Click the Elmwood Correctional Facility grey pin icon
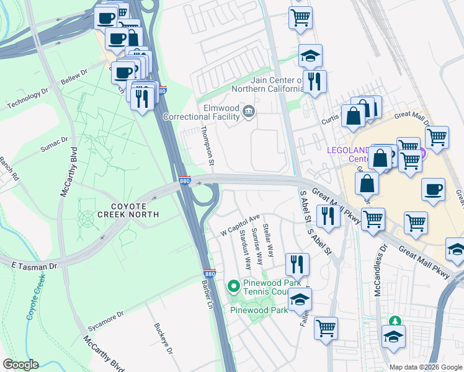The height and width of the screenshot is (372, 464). click(x=249, y=110)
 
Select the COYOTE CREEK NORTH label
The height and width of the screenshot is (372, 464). click(x=128, y=210)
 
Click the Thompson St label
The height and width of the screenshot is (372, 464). click(x=207, y=146)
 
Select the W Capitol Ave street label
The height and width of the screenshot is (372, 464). click(x=241, y=226)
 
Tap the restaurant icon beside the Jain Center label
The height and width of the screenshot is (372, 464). click(x=315, y=81)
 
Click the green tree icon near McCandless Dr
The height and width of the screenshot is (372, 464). click(x=393, y=321)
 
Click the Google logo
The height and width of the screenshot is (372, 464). click(x=20, y=365)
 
